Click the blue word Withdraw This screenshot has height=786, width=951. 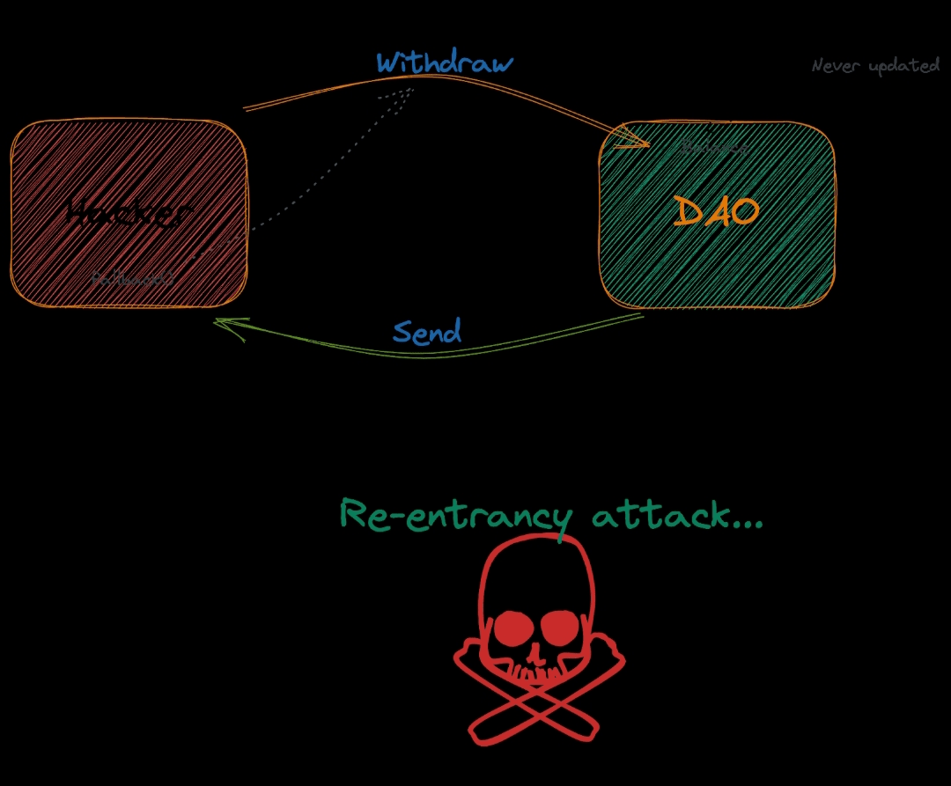pyautogui.click(x=445, y=63)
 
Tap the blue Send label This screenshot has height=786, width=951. pyautogui.click(x=427, y=333)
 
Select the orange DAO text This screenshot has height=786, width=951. pyautogui.click(x=716, y=212)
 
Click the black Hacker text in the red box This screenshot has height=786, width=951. pyautogui.click(x=129, y=213)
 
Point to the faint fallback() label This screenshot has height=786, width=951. pyautogui.click(x=133, y=278)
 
